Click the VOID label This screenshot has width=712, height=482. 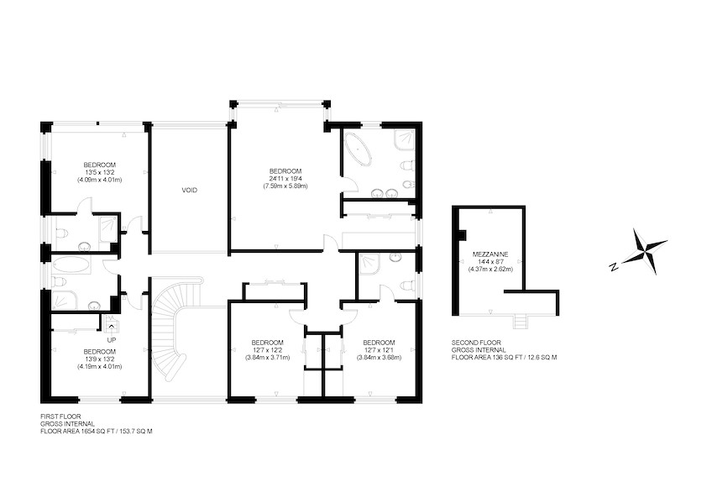click(x=190, y=191)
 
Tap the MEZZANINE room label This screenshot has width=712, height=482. click(x=490, y=254)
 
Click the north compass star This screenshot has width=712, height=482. click(x=644, y=251)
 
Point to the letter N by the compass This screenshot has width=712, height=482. click(x=614, y=267)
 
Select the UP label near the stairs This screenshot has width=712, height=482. click(x=111, y=340)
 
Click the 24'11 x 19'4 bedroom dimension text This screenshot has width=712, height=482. click(x=285, y=179)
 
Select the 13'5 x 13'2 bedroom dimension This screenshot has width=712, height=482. click(x=99, y=172)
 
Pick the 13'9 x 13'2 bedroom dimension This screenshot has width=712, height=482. click(x=99, y=359)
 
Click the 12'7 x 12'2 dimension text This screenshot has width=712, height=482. click(x=268, y=350)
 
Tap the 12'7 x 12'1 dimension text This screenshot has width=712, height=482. click(x=379, y=350)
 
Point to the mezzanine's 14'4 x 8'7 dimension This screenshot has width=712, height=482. click(x=490, y=262)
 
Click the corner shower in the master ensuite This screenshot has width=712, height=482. click(x=404, y=140)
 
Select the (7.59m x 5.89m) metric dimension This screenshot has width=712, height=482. click(x=285, y=186)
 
